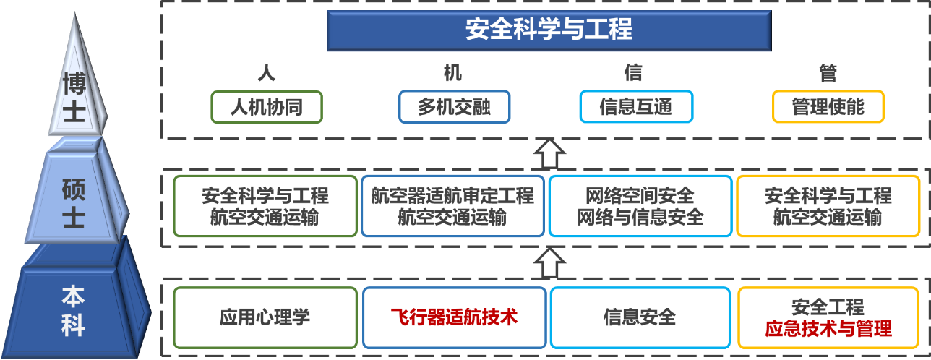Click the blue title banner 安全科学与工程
(x=549, y=30)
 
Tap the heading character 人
(x=266, y=73)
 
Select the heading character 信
(x=633, y=73)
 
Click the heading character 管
(x=828, y=73)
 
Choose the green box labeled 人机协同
(x=266, y=107)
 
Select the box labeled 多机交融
(x=454, y=107)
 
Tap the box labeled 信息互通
(x=636, y=107)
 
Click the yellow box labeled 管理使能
(x=828, y=107)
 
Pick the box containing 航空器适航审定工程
(x=452, y=206)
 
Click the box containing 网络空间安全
(x=640, y=206)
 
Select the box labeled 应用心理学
(x=265, y=317)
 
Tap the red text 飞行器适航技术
(x=454, y=317)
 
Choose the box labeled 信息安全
(x=640, y=317)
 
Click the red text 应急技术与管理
(x=828, y=329)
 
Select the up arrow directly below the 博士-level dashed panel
(x=549, y=153)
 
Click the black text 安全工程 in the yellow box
(x=828, y=307)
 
